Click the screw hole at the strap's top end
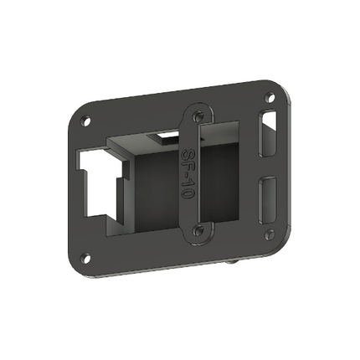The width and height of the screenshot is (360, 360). pyautogui.click(x=198, y=117)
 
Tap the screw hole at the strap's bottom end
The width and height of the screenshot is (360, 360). pyautogui.click(x=198, y=229)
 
